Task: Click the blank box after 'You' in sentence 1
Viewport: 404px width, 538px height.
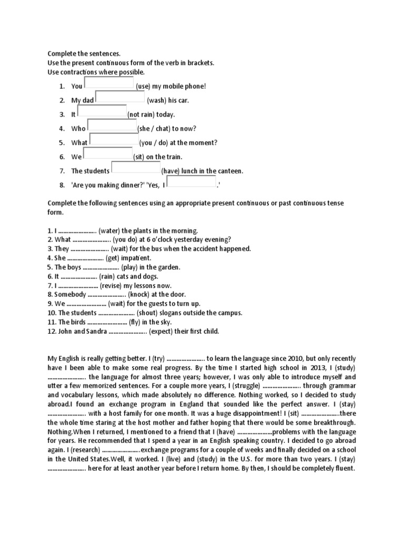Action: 109,83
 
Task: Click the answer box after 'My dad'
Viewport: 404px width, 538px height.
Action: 120,97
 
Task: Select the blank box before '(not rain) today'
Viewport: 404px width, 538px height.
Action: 102,111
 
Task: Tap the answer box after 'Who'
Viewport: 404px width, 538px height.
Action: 112,125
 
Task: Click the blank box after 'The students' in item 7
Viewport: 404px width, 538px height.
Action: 136,168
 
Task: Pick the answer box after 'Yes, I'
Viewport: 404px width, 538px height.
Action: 193,182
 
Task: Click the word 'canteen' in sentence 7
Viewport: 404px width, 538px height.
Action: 230,171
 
